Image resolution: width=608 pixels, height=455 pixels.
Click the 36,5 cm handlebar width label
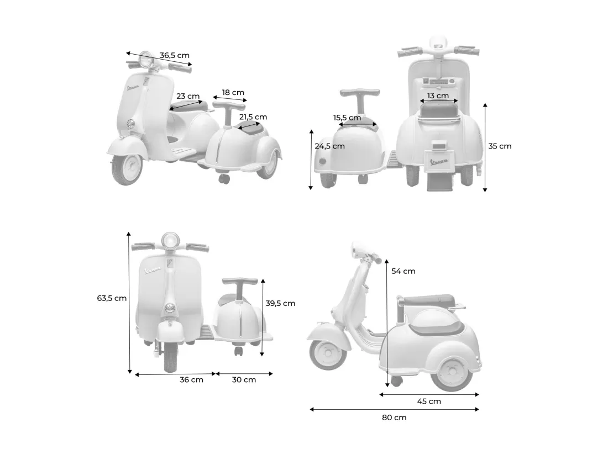[175, 55]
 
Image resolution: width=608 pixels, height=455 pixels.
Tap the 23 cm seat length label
[188, 96]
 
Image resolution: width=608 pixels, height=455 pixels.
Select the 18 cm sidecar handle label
[233, 93]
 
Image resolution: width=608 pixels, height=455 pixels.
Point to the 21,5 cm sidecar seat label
[253, 117]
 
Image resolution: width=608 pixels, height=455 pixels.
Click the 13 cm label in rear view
[438, 96]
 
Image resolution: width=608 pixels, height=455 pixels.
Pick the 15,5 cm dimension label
[347, 118]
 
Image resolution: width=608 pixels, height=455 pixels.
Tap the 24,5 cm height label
[329, 146]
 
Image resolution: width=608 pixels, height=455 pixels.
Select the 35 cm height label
[500, 146]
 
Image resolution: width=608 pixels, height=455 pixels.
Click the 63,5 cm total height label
[112, 298]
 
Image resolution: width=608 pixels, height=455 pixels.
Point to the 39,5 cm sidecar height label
[280, 303]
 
